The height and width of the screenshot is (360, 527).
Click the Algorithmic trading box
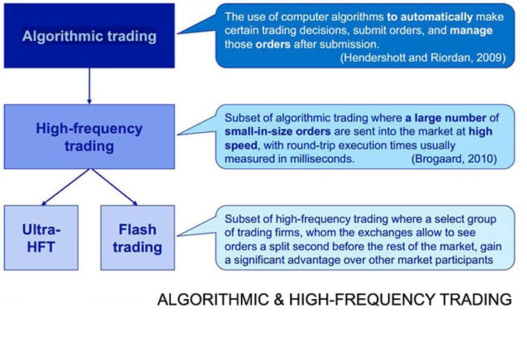click(89, 36)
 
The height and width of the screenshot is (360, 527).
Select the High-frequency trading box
click(89, 137)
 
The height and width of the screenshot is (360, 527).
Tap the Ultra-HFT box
click(41, 238)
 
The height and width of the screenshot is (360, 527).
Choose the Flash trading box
click(138, 238)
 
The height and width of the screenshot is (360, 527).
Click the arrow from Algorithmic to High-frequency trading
click(89, 86)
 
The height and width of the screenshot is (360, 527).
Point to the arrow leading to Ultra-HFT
click(66, 187)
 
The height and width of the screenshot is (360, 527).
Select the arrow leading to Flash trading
click(114, 187)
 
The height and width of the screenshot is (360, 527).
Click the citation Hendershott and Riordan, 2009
click(423, 57)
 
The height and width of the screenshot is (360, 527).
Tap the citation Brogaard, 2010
click(454, 158)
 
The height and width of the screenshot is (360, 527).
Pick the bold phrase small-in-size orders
click(277, 131)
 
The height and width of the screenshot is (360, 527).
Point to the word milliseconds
click(323, 158)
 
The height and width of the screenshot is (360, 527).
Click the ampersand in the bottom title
click(279, 299)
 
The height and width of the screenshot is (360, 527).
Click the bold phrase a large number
click(446, 118)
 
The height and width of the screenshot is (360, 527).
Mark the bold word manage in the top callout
click(471, 30)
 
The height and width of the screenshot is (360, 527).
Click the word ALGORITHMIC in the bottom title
click(213, 299)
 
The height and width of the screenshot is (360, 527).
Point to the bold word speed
click(241, 145)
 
